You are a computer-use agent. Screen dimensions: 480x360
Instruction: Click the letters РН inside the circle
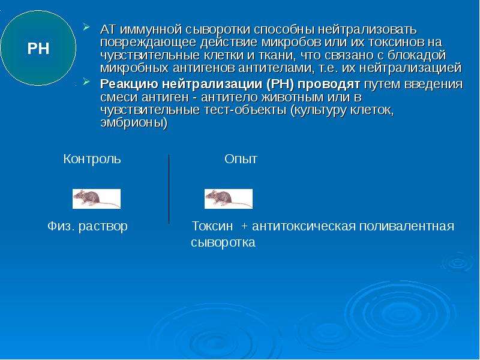pos(38,49)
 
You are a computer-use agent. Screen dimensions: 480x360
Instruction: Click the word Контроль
pos(92,159)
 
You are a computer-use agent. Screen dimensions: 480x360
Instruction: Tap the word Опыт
pos(241,159)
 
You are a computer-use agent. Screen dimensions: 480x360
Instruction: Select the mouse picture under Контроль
pos(97,199)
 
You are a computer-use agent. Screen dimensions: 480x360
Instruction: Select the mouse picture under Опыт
pos(229,199)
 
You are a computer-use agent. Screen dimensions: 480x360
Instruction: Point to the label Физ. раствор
pos(88,227)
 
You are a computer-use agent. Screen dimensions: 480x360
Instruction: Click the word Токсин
pos(212,227)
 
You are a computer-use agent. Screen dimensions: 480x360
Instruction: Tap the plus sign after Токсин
pos(244,227)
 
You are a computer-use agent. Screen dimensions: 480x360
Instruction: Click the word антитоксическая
pos(304,227)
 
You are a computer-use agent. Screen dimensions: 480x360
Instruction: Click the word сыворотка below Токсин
pos(223,243)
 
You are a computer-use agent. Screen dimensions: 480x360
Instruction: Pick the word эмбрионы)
pos(134,123)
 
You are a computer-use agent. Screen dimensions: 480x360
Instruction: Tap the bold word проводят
pos(329,84)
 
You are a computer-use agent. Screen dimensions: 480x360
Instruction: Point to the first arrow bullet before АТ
pos(86,28)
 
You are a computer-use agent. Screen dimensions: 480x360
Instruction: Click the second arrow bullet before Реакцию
pos(86,82)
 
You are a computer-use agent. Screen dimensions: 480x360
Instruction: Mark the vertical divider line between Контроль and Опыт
pos(169,189)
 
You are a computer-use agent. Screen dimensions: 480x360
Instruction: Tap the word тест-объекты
pos(244,110)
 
